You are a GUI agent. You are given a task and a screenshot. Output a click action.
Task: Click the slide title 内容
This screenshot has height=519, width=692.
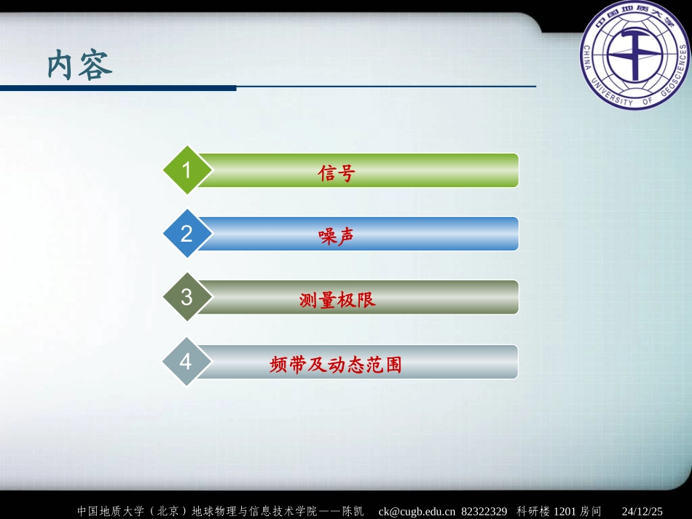80,66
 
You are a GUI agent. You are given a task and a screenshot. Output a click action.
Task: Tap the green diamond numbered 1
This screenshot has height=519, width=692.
186,170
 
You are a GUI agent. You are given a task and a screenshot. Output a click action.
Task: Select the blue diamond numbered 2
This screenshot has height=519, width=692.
186,234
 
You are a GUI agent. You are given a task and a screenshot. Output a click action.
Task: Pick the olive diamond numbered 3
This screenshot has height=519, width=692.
186,297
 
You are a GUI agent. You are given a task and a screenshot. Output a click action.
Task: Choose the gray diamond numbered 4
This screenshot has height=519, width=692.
186,361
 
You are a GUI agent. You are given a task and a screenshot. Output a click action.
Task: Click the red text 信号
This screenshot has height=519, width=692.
337,173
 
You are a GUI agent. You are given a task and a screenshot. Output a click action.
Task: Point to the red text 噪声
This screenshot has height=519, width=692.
337,237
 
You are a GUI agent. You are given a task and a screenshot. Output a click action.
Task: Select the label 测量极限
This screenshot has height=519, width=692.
337,300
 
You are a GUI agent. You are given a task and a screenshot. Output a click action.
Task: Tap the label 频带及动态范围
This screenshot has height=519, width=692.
336,364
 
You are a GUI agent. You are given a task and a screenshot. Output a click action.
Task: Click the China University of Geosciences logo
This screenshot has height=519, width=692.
634,55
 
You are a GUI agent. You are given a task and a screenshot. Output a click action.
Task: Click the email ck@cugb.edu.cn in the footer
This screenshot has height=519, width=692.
417,511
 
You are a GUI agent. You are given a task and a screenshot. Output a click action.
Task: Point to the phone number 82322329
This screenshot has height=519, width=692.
484,511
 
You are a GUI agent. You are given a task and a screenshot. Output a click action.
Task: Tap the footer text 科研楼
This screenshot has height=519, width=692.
533,511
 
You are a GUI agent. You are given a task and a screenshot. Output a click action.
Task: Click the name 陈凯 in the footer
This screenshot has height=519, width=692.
354,511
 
